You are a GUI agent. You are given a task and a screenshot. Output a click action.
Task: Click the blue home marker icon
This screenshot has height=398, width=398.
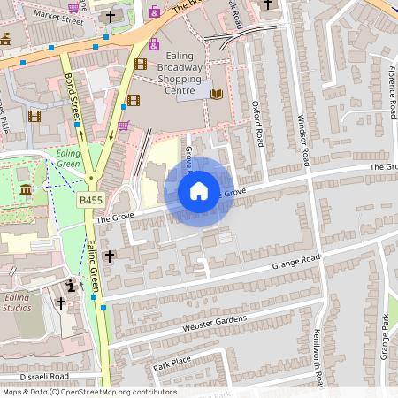click(x=199, y=191)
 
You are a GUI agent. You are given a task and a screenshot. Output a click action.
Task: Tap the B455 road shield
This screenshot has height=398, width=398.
click(x=89, y=201)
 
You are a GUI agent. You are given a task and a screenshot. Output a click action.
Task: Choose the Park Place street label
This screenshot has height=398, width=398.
click(x=171, y=364)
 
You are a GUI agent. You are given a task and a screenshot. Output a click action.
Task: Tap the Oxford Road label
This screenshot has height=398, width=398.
click(x=257, y=125)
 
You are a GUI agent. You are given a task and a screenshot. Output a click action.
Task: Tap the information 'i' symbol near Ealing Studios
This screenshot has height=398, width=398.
click(x=72, y=286)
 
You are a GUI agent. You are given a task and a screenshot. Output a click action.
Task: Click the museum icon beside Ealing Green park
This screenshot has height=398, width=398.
click(x=26, y=189)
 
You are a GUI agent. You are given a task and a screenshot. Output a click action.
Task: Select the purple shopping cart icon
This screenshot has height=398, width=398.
click(x=122, y=126)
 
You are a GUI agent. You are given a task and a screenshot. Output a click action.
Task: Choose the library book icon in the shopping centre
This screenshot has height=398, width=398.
click(x=217, y=94)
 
